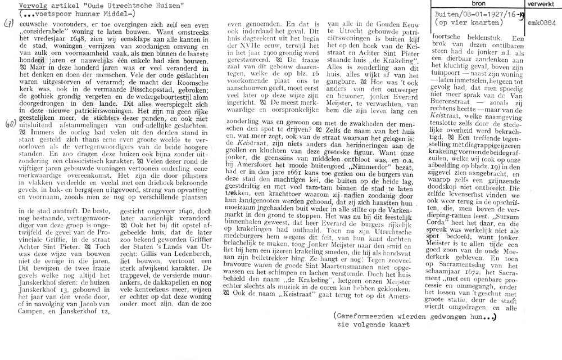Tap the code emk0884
tap(542, 24)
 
